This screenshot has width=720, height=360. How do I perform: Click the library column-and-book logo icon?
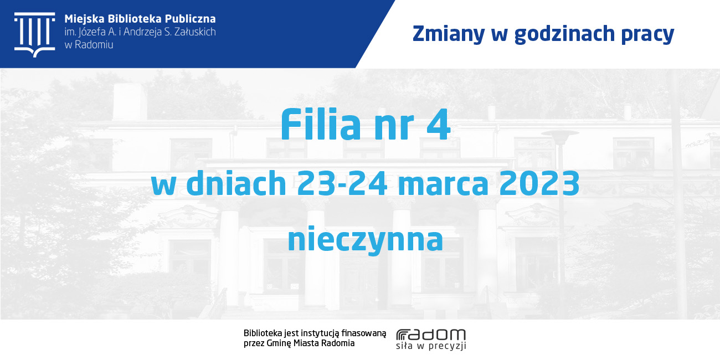(34, 35)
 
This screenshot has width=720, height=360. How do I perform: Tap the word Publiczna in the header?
(191, 19)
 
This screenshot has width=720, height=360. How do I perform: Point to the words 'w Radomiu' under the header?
(89, 45)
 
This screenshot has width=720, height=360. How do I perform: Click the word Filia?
(321, 124)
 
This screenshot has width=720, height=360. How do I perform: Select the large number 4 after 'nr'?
(439, 125)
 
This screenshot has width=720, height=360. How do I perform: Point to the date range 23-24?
(342, 183)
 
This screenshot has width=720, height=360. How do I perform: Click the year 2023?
(539, 183)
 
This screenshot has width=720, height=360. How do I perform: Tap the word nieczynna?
(366, 239)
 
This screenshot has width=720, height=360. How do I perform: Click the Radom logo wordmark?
(431, 335)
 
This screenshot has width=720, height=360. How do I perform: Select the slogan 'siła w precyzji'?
(431, 346)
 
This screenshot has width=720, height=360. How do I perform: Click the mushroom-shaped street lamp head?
(560, 133)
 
